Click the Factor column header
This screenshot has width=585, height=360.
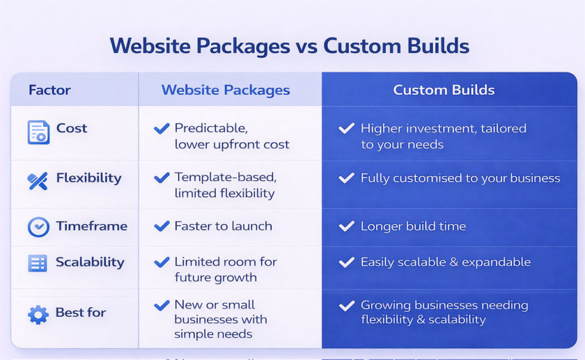[x=49, y=90]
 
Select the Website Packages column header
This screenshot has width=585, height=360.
[x=226, y=90]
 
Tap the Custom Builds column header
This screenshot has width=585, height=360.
[x=444, y=90]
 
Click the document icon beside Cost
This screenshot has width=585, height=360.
[x=38, y=132]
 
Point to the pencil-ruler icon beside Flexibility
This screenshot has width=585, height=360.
[x=38, y=181]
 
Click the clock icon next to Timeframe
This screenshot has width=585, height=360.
[x=38, y=227]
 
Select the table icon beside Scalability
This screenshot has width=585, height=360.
[x=38, y=263]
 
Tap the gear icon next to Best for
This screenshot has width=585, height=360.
[x=38, y=315]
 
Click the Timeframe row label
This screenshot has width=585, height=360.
[x=92, y=226]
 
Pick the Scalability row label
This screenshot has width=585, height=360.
[x=90, y=263]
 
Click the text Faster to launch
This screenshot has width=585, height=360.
[x=223, y=226]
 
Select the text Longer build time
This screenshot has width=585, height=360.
[x=414, y=226]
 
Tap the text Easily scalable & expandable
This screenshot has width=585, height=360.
[x=446, y=262]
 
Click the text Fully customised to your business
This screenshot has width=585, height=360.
[x=460, y=178]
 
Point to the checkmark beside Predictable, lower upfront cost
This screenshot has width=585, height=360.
[x=162, y=128]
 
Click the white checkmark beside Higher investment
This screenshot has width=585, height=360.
[x=347, y=128]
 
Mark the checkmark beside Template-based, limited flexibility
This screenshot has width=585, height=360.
[x=162, y=178]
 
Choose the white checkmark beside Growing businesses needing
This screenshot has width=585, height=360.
[x=347, y=306]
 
